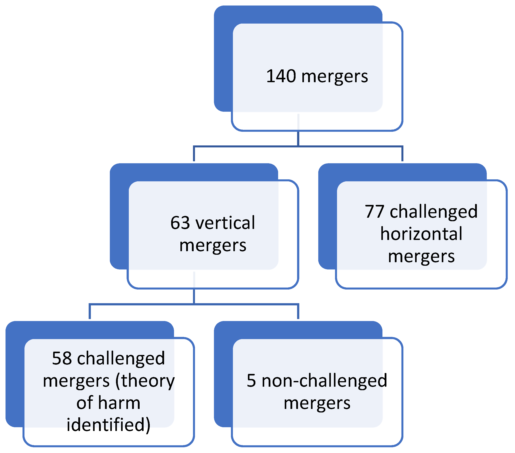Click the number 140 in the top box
281,76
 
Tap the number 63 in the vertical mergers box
180,223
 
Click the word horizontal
421,234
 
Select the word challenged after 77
434,212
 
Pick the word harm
119,403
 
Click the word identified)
108,425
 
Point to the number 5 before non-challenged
251,380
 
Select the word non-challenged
324,380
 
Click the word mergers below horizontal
421,257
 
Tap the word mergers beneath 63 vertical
213,245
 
